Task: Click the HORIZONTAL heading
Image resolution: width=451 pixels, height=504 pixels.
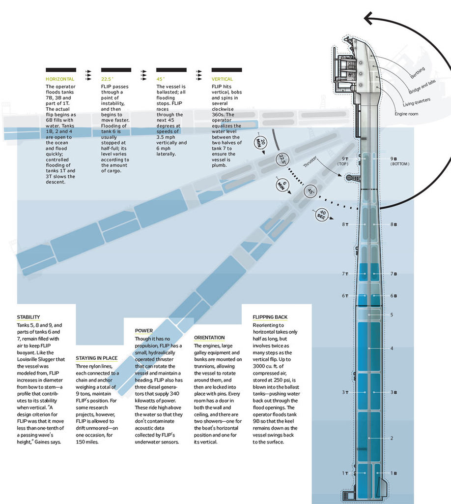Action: tap(60, 79)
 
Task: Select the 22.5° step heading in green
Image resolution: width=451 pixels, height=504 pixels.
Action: tap(107, 79)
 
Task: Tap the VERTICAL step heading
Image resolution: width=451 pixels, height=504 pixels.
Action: tap(222, 79)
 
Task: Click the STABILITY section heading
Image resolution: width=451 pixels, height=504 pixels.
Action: tap(28, 317)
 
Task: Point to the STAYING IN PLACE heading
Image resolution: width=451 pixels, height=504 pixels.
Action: tap(96, 358)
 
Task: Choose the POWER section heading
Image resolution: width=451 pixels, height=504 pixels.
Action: tap(144, 331)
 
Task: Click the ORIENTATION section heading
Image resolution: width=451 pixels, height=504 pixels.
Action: tap(209, 338)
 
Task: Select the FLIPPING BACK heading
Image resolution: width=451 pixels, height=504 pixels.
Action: tap(270, 317)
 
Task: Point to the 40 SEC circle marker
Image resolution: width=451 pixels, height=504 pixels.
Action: tap(321, 216)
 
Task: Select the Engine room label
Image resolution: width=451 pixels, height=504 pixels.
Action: tap(406, 114)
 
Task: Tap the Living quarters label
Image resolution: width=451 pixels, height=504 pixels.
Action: tap(417, 102)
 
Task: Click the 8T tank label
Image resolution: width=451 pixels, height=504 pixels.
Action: tap(345, 224)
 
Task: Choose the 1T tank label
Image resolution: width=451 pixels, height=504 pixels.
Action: tap(345, 473)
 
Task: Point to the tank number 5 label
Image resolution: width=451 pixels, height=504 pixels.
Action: tap(392, 315)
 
